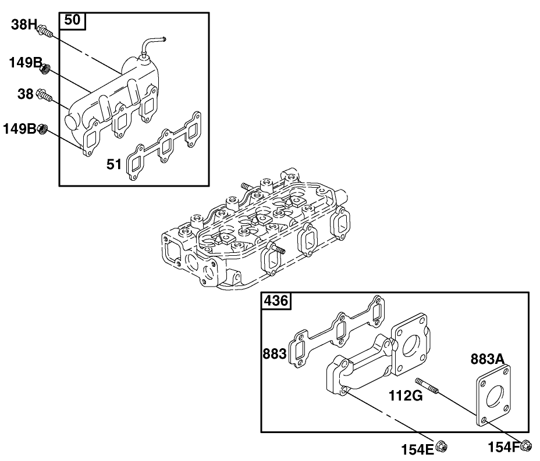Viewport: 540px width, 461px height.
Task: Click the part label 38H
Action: [24, 25]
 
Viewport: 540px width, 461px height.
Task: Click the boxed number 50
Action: [72, 20]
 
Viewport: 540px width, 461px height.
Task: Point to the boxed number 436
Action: [275, 301]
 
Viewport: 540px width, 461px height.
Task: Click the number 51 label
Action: [114, 165]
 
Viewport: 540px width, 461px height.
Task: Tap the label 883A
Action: [487, 359]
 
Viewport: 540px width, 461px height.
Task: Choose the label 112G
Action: [406, 396]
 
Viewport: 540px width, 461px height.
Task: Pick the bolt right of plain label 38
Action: [44, 95]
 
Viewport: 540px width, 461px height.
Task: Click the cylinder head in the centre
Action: [256, 233]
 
